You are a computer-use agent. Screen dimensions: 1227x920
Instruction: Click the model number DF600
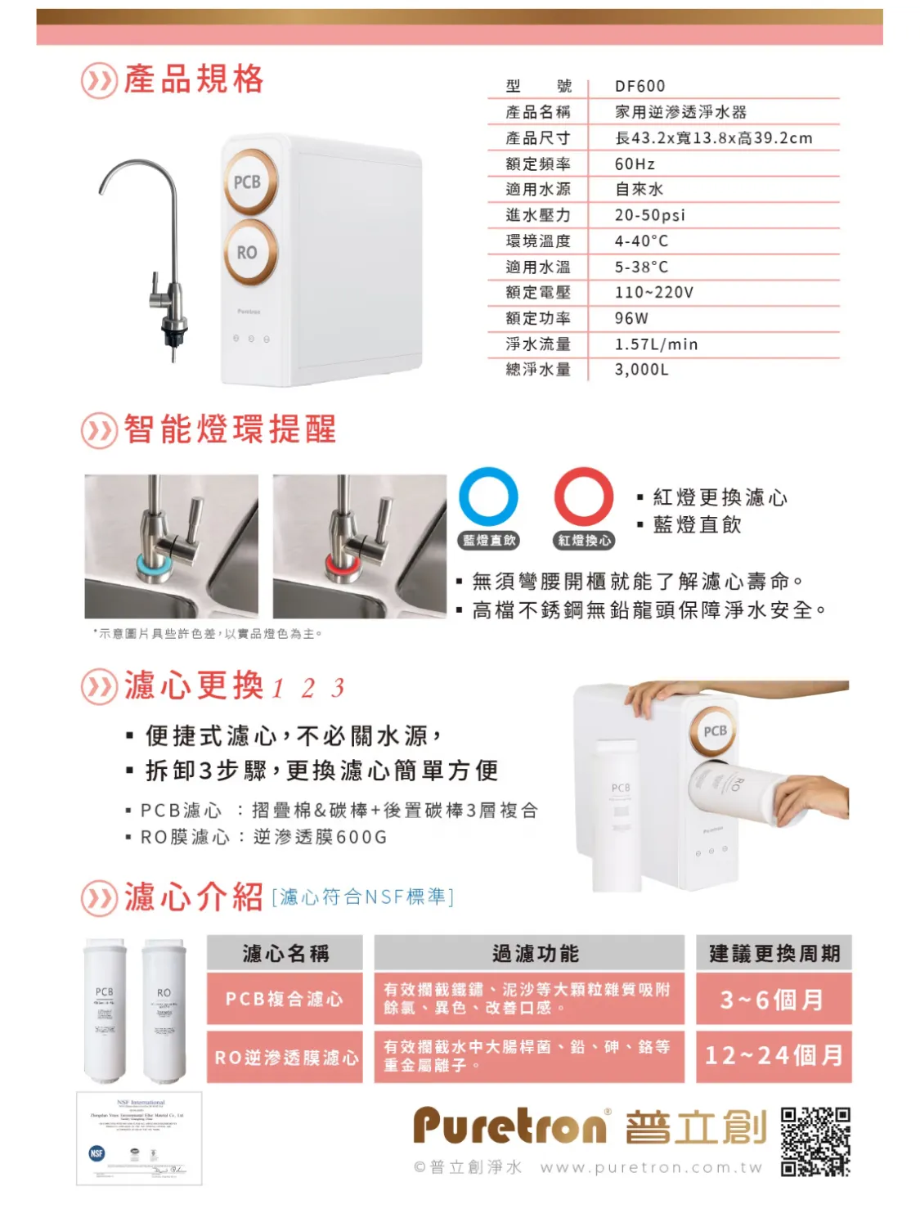[x=640, y=86]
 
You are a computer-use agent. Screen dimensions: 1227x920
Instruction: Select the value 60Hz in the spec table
[x=635, y=164]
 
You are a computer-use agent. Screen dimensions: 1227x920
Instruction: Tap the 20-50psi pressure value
[x=650, y=215]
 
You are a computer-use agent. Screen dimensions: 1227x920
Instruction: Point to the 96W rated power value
[x=631, y=318]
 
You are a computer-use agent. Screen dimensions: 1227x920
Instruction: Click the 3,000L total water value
[x=641, y=370]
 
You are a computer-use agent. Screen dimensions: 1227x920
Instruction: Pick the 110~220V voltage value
[x=653, y=292]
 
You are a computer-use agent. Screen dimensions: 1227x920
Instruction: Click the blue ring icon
[x=488, y=497]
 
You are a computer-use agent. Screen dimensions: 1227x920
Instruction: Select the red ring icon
[x=584, y=497]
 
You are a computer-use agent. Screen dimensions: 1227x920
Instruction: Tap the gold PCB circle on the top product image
[x=247, y=182]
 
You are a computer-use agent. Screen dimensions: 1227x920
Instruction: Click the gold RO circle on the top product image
[x=247, y=253]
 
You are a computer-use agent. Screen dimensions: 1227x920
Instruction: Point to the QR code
[x=815, y=1142]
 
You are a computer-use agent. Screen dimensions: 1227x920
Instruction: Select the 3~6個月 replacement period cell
[x=773, y=999]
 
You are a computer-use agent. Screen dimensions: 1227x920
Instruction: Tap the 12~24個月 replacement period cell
[x=773, y=1055]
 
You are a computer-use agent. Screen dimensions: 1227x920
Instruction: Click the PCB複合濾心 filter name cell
[x=285, y=999]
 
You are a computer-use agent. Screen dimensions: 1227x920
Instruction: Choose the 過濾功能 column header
[x=529, y=954]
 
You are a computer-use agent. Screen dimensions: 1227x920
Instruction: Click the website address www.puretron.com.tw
[x=651, y=1168]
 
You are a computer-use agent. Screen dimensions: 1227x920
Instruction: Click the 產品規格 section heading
[x=193, y=80]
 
